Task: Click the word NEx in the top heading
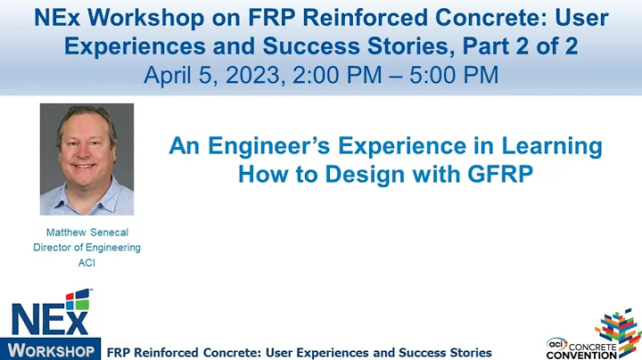[51, 18]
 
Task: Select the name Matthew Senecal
[86, 233]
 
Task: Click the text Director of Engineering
[86, 248]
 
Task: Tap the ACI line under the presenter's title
[86, 262]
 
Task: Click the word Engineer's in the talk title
[267, 145]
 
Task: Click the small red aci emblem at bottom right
[556, 341]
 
